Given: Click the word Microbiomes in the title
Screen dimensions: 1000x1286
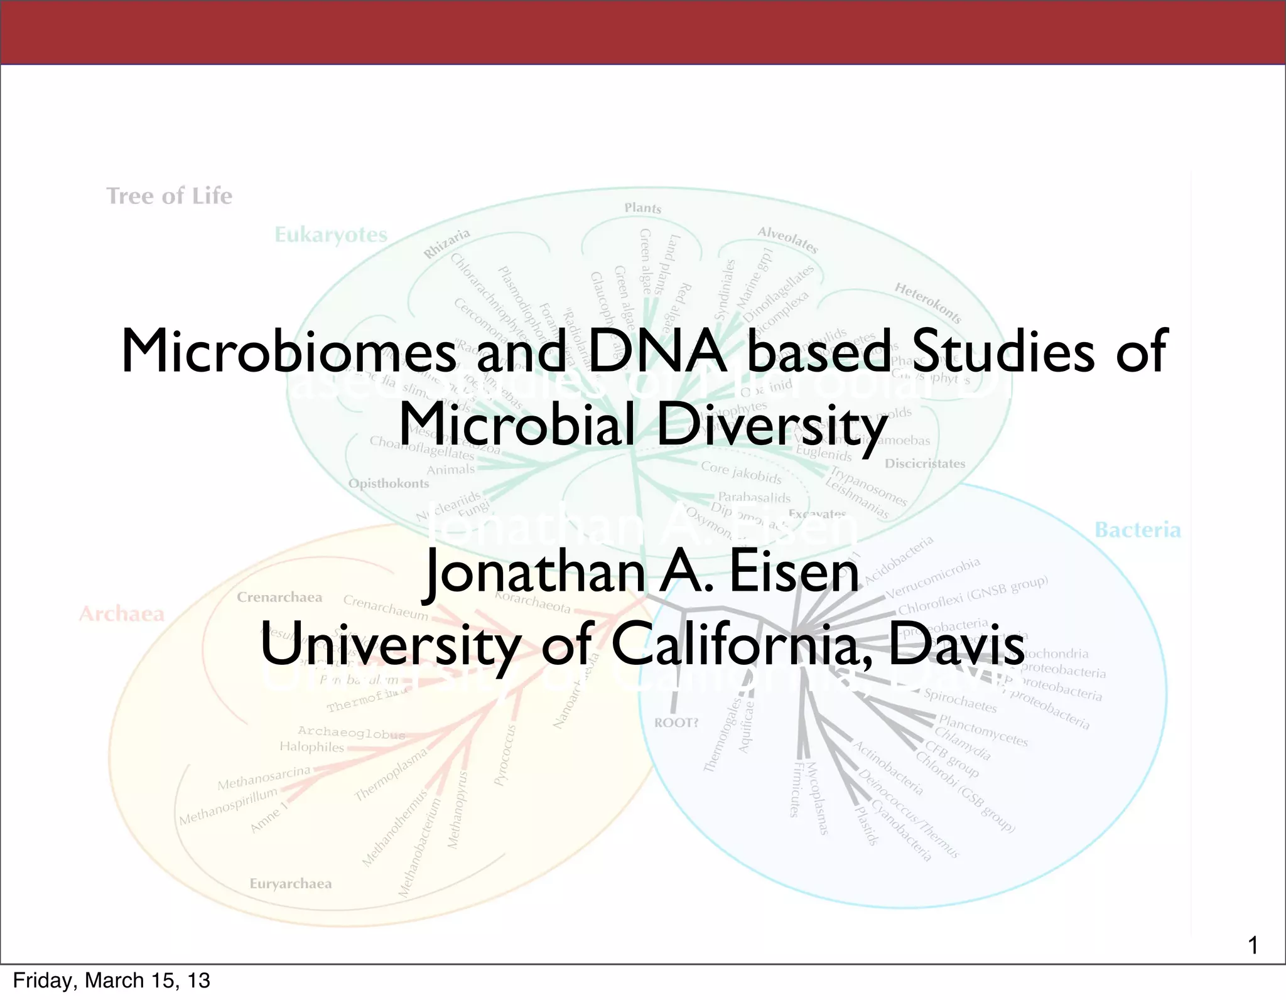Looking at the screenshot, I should coord(289,352).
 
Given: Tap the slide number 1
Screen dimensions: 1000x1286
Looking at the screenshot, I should coord(1253,945).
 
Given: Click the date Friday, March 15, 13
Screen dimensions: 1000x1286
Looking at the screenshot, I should coord(112,981).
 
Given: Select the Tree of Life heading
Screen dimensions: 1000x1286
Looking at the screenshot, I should coord(170,196).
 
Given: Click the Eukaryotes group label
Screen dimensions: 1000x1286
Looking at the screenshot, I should coord(331,235).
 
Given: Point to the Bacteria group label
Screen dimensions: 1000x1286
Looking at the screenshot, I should coord(1137,530).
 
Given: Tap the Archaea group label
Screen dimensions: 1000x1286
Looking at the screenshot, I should coord(122,613).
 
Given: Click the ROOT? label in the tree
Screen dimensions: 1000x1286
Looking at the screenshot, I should coord(676,723).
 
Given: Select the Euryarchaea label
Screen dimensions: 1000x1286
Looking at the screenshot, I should coord(291,884).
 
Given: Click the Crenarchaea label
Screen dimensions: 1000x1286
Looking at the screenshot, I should coord(279,598).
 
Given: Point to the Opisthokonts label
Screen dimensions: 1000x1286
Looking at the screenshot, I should coord(389,483).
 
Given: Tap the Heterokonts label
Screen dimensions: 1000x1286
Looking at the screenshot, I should coord(927,303).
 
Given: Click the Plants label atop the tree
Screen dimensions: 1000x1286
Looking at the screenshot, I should coord(642,208).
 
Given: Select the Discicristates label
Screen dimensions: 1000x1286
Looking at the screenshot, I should coord(925,464).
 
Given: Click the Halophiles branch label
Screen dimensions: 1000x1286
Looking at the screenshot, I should coord(312,747).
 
